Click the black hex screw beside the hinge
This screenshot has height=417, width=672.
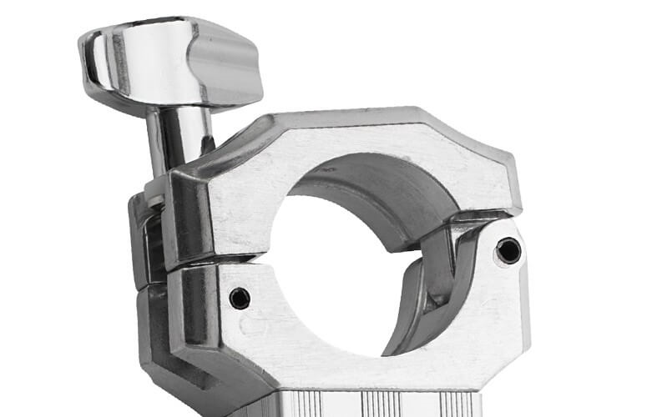click(508, 249)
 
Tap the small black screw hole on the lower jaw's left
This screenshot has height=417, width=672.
click(240, 298)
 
